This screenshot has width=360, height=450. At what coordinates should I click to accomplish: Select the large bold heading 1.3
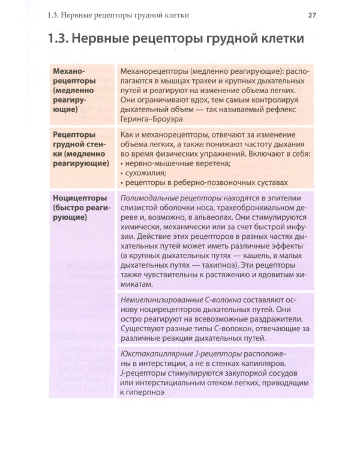tap(175, 40)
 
